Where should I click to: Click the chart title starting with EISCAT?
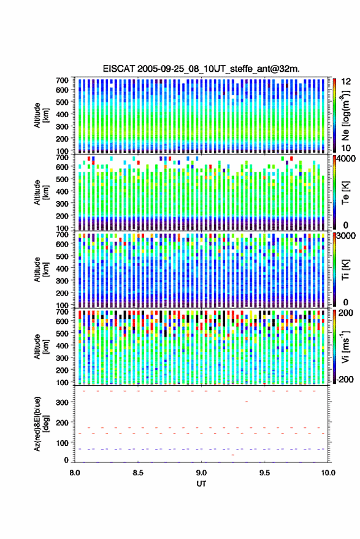coord(201,69)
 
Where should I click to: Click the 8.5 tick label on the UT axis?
coord(138,473)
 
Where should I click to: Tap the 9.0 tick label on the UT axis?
coord(201,473)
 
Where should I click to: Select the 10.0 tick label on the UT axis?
coord(328,473)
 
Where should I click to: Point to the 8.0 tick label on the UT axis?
coord(75,473)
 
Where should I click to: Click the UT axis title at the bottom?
coord(201,484)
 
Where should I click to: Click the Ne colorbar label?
coord(345,115)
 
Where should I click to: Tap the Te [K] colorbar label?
coord(345,193)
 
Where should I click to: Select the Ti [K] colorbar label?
coord(345,270)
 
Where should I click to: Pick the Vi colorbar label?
coord(345,346)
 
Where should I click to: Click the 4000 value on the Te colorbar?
coord(347,159)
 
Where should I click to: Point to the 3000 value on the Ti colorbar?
coord(347,236)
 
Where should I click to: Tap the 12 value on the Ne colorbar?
coord(347,82)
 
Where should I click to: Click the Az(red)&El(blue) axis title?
coord(41,424)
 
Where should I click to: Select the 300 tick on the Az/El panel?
coord(62,402)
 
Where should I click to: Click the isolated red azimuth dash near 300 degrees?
coord(246,402)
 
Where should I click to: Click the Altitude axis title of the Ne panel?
coord(41,115)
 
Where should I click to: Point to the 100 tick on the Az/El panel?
coord(62,443)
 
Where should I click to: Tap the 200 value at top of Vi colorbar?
coord(345,313)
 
